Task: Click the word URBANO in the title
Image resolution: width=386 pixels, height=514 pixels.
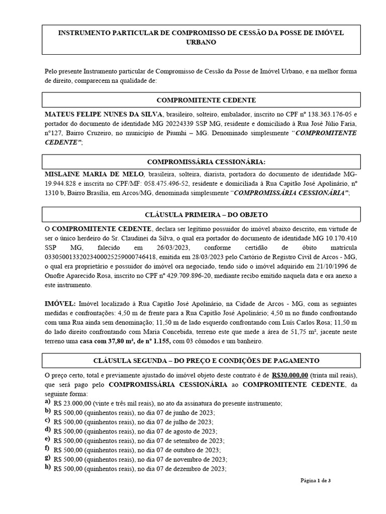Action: (x=201, y=43)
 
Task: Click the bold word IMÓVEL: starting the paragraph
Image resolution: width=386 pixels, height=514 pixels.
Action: (x=60, y=304)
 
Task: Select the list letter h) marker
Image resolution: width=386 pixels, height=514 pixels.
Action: (x=47, y=467)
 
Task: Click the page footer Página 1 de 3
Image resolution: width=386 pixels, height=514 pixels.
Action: (x=316, y=481)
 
